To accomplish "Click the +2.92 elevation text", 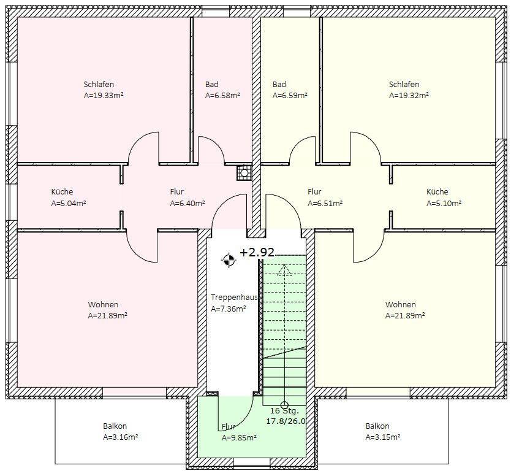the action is (257, 253).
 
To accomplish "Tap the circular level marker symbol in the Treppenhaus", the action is (229, 260).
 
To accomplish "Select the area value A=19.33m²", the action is (104, 95).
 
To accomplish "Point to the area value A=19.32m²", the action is (409, 95).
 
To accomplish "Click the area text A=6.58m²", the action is (222, 95).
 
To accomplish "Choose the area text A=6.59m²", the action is (290, 95).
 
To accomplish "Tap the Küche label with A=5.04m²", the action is (62, 191).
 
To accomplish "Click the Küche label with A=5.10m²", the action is (437, 191).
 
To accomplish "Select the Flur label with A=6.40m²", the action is (176, 191).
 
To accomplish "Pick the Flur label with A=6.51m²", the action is (314, 191).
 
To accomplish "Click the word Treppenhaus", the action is (234, 297).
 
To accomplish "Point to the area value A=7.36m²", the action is (228, 309).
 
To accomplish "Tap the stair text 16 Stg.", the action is (284, 410).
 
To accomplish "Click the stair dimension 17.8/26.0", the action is (286, 421).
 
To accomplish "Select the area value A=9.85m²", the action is (239, 437).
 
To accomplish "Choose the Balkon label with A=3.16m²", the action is (115, 426).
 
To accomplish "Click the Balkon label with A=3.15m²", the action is (377, 426).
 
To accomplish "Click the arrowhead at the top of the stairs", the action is (284, 269).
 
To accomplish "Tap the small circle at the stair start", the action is (284, 405).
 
